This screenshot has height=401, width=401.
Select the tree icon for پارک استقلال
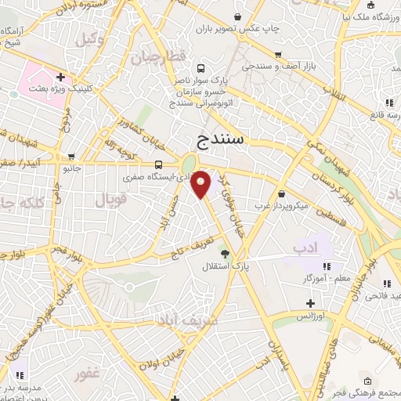(x=226, y=253)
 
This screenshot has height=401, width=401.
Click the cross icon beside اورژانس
(x=310, y=303)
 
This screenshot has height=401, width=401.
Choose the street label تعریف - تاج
(x=189, y=248)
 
